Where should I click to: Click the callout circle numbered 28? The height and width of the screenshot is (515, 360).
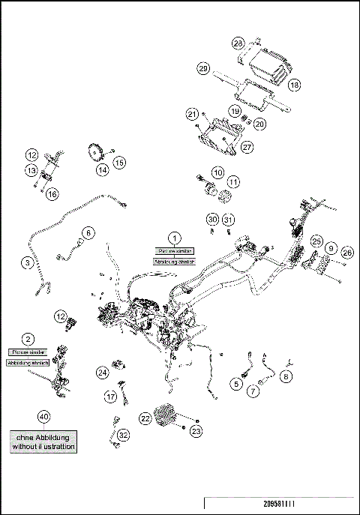[238, 43]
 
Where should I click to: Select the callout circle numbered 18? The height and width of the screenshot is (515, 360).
[294, 86]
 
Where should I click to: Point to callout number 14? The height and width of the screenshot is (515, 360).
[101, 169]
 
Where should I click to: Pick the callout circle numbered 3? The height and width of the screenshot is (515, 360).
[27, 262]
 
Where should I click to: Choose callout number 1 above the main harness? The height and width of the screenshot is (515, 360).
[174, 238]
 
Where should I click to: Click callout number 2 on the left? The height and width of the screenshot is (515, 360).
[28, 339]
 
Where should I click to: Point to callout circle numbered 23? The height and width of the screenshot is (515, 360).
[196, 431]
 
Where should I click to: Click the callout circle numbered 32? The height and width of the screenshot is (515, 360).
[123, 435]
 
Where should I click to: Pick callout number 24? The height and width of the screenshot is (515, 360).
[102, 372]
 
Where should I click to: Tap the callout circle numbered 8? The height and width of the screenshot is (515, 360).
[286, 379]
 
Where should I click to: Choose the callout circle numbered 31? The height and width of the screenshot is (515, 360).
[229, 220]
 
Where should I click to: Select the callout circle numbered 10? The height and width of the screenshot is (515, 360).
[217, 172]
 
